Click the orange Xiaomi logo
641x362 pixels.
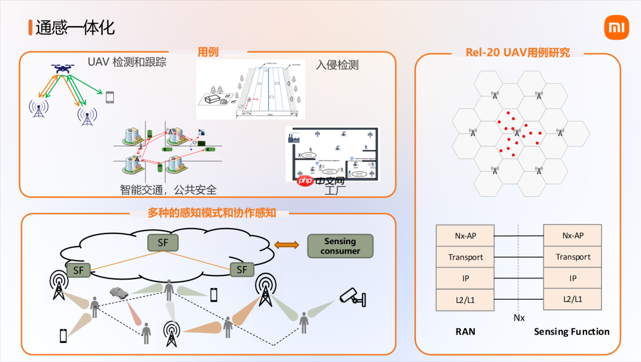[x=616, y=28]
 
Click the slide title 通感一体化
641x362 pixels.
[x=74, y=27]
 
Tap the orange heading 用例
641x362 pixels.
[x=208, y=52]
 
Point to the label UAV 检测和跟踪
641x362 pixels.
[x=127, y=62]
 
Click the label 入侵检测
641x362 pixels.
[x=337, y=65]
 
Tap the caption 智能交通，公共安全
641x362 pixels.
[x=168, y=190]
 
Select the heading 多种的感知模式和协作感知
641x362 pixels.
[x=212, y=213]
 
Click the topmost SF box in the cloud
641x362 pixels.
[x=163, y=242]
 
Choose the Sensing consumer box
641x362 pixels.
[x=340, y=246]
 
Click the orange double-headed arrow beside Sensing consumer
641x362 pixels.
[x=287, y=245]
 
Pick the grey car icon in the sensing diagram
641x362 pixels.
[x=119, y=292]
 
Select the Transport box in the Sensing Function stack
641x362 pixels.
[x=573, y=257]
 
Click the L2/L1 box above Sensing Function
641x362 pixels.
[x=573, y=300]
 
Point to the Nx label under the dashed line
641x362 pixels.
[x=519, y=318]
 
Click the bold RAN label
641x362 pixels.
[x=465, y=332]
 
